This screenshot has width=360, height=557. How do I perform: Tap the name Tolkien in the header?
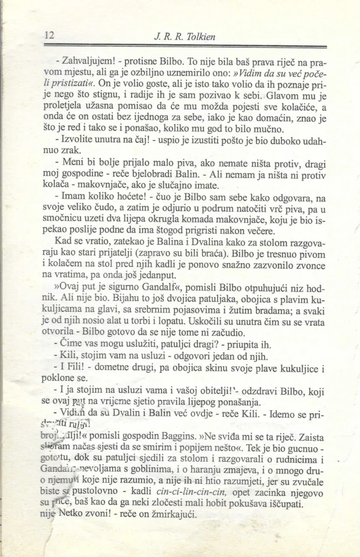click(x=200, y=38)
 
